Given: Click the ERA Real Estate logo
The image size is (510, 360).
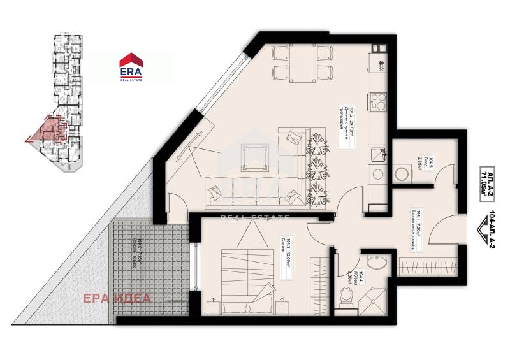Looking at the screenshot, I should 131,66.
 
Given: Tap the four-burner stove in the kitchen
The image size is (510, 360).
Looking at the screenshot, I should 377,103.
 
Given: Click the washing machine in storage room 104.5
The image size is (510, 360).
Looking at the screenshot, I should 402,173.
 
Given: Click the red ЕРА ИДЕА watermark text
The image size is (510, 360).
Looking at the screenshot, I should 117,298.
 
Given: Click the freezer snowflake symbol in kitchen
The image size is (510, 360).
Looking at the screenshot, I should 381,62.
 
